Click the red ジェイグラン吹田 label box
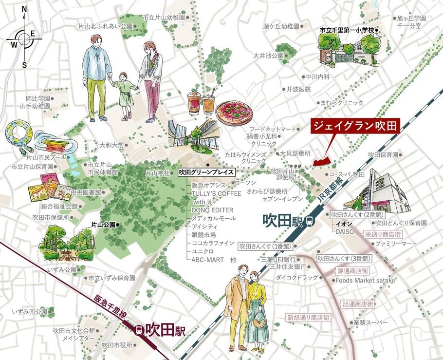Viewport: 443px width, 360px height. click(355, 126)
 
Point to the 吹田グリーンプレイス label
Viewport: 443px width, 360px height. click(206, 172)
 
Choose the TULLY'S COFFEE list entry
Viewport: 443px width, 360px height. click(217, 193)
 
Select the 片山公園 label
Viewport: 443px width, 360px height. click(103, 225)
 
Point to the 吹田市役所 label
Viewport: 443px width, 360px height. click(117, 345)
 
